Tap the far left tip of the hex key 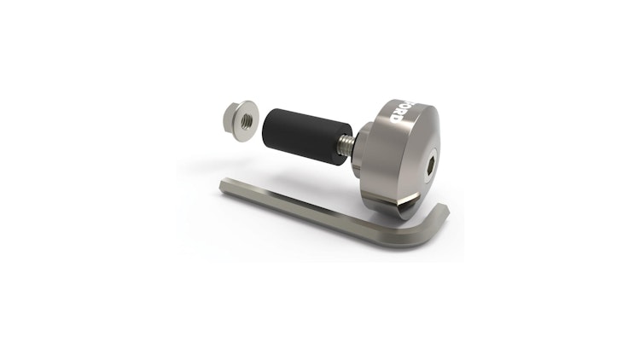(x=224, y=185)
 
